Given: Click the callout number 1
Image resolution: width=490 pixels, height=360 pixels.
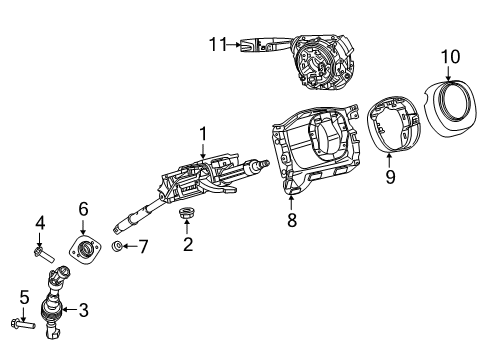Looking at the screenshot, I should click(202, 134).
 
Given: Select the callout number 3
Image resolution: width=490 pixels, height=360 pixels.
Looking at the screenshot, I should click(83, 312).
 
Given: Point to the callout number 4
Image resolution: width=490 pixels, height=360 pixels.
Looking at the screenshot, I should click(41, 221).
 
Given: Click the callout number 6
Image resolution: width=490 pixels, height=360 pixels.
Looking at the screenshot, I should click(84, 208).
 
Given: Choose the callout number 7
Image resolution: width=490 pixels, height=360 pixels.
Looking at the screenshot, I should click(142, 246).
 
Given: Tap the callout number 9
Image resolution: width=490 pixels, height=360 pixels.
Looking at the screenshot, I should click(391, 178).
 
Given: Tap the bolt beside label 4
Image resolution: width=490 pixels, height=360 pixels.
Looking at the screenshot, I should click(42, 251).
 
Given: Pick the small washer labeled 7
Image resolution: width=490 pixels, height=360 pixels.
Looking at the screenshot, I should click(118, 246).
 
